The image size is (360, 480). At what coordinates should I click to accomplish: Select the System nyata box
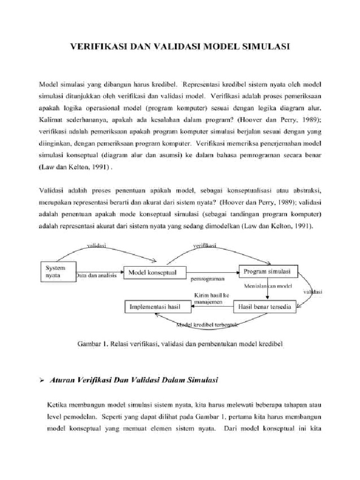57,271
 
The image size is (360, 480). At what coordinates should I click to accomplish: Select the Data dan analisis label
97,276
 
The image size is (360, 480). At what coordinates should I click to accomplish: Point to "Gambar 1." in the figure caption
93,344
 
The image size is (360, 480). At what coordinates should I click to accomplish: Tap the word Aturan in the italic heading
63,381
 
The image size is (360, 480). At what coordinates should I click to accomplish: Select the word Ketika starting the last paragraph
59,404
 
